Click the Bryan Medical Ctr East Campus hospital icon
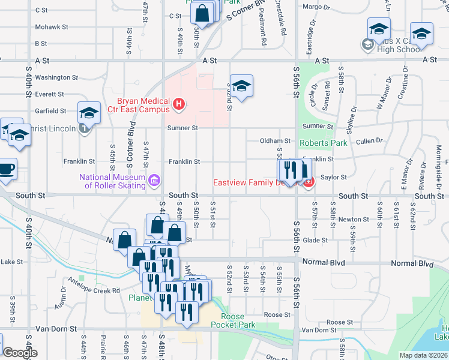178,105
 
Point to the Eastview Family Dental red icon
309,182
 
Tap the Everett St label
49,94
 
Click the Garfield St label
50,111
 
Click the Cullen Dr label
369,140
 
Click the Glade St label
315,240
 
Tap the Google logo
19,353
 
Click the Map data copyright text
423,355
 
